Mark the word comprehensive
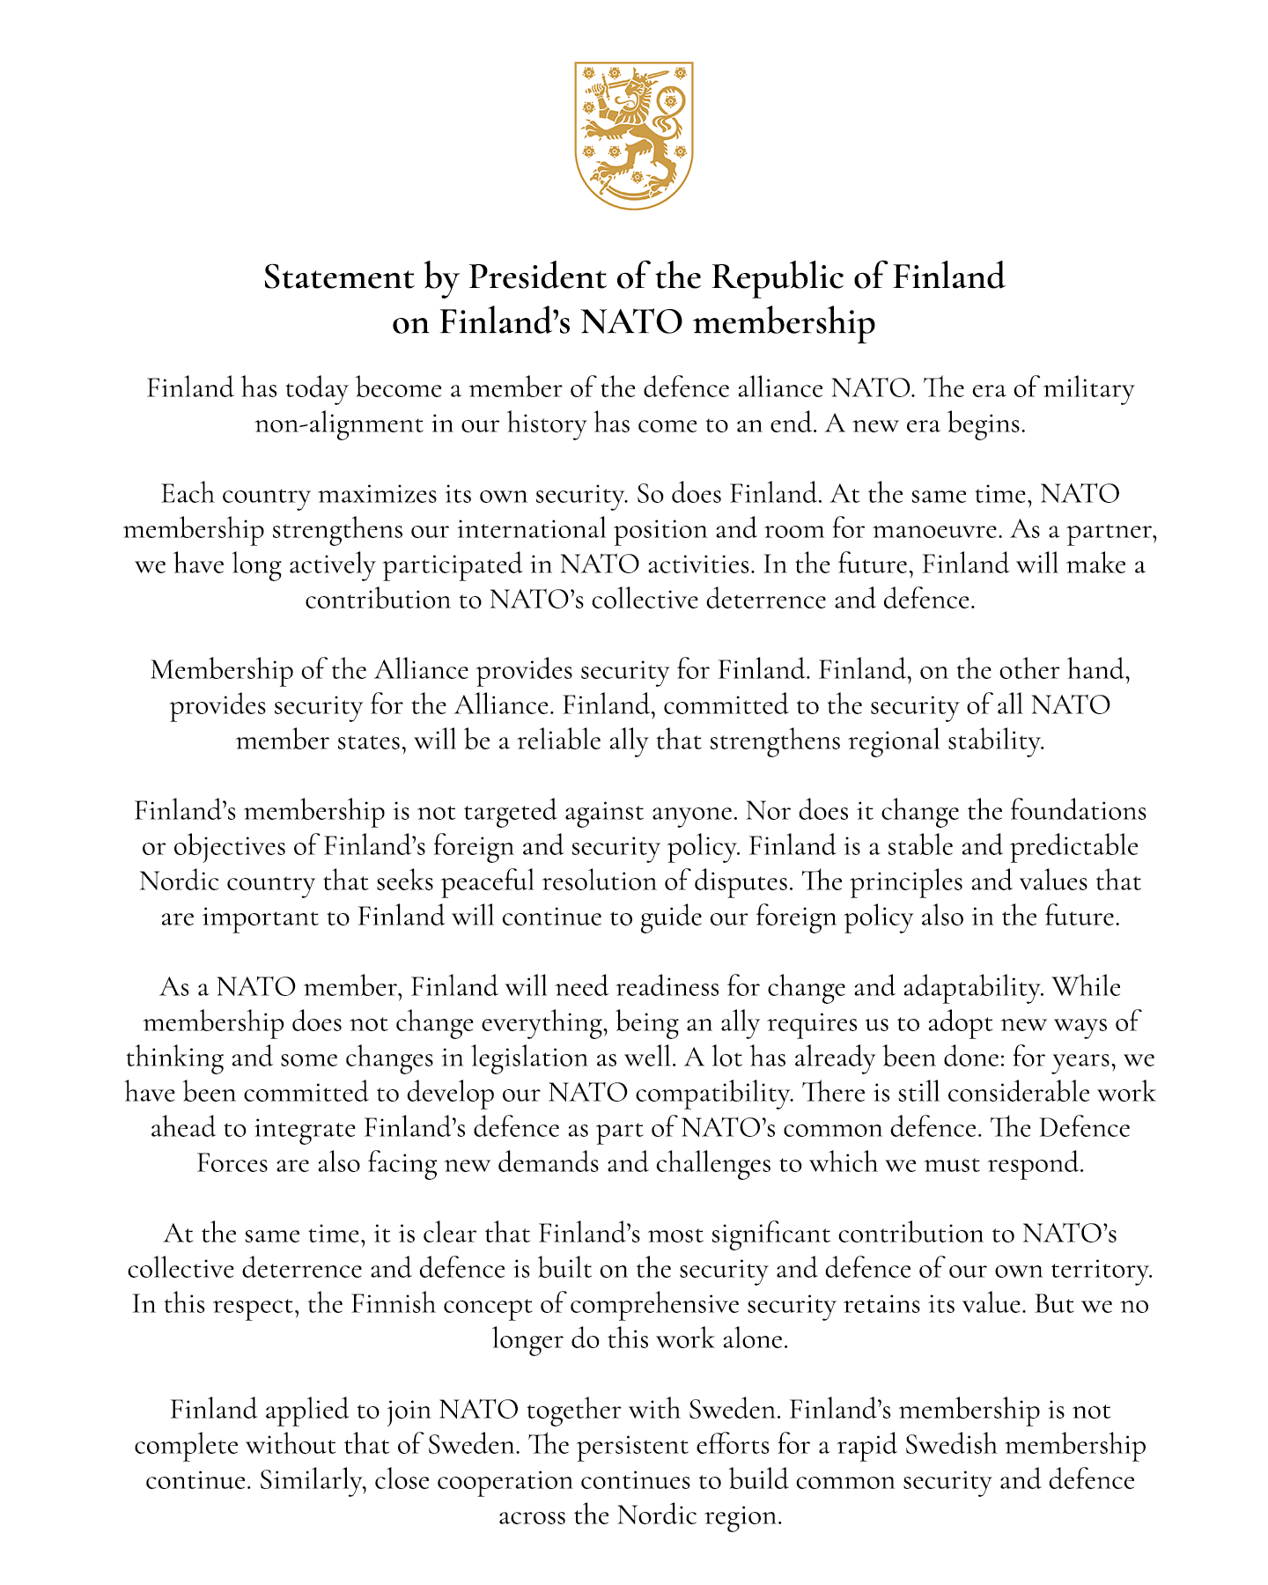(x=655, y=1304)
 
